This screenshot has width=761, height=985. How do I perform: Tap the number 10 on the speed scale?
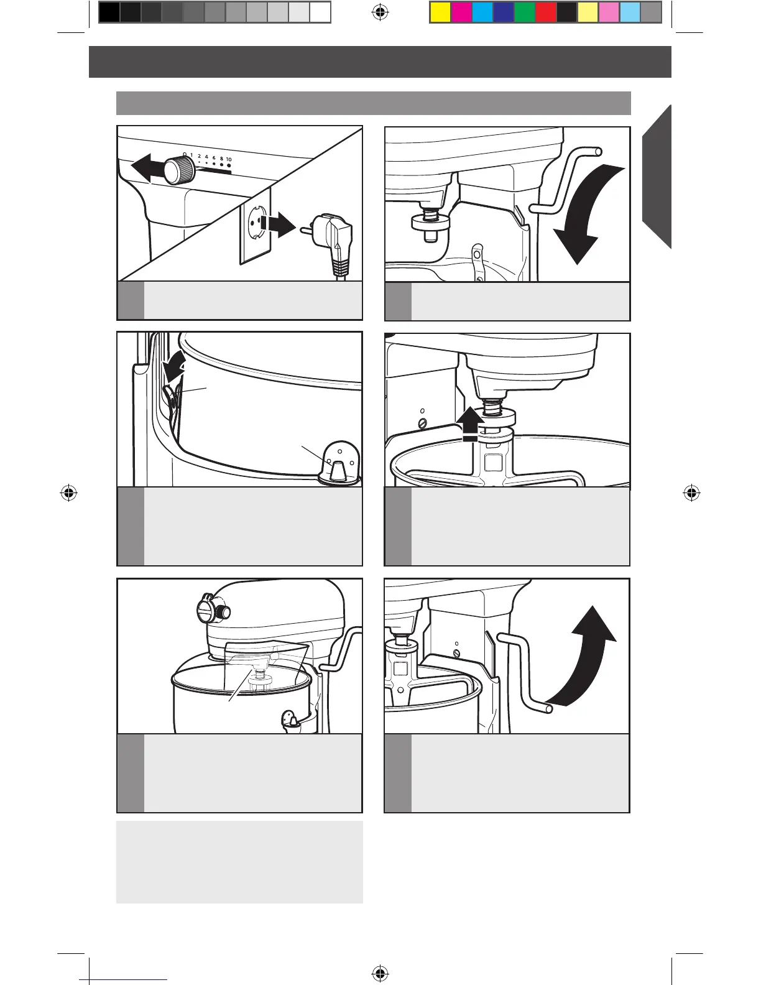click(x=229, y=160)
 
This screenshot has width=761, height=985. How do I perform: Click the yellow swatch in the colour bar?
click(x=440, y=12)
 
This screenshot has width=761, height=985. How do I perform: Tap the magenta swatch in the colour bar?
click(x=461, y=12)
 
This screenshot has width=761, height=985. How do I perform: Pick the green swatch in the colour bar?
click(x=524, y=12)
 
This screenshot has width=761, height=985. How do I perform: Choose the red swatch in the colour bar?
click(x=545, y=12)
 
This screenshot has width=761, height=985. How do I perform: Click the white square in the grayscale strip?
click(x=320, y=12)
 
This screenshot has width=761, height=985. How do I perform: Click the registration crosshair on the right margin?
click(x=691, y=493)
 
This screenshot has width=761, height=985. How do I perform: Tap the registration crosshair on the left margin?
click(x=69, y=493)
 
